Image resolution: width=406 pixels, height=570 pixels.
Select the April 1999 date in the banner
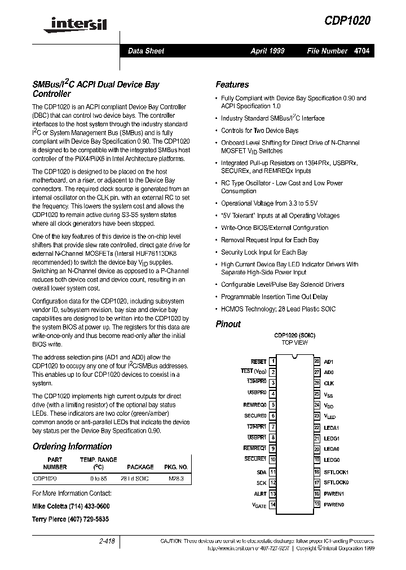pos(267,51)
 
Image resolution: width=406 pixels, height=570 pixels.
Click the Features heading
pos(232,84)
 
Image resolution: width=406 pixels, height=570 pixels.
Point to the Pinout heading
pos(228,324)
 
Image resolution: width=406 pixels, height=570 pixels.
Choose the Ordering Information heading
pos(72,446)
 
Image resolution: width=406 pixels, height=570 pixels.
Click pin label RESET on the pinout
pos(258,361)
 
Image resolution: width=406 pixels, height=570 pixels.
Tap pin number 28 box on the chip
pos(317,361)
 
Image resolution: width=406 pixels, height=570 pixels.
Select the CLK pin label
pos(329,383)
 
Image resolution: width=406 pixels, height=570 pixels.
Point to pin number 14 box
pos(273,504)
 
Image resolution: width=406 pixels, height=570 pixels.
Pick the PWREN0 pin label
pos(334,504)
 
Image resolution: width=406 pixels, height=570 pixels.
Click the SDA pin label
pos(261,472)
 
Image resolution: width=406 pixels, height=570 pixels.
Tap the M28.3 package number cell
pos(176,478)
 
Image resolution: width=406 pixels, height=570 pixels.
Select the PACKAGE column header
pos(140,467)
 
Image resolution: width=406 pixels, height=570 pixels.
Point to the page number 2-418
pos(107,541)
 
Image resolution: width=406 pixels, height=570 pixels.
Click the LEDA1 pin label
pos(332,427)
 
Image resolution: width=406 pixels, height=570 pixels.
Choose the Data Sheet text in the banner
pos(146,51)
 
